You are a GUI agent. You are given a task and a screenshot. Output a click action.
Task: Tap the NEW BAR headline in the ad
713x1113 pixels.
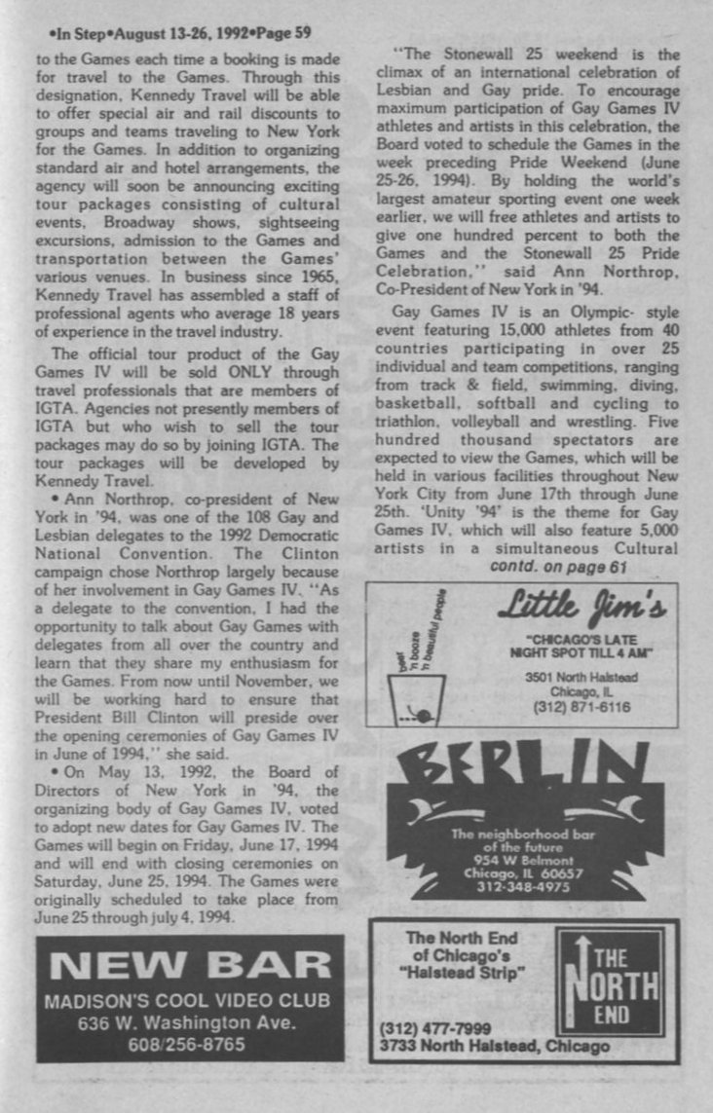click(x=190, y=965)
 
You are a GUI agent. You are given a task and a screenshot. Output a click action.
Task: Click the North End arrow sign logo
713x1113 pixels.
click(x=615, y=984)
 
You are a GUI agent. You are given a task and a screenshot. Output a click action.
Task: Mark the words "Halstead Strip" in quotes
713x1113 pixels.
click(x=456, y=972)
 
